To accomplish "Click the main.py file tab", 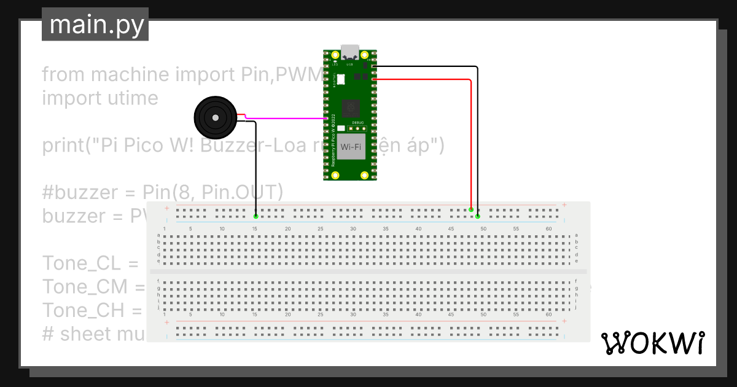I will (95, 25).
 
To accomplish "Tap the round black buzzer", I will (214, 117).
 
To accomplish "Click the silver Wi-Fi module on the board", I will (349, 148).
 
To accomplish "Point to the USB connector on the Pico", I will (350, 52).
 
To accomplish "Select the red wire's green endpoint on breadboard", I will (471, 210).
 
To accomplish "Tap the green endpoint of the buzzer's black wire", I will (255, 216).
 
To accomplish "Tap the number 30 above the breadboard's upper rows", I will (353, 229).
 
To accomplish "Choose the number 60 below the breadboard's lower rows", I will (548, 315).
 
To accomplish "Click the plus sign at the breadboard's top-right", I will (564, 205).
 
